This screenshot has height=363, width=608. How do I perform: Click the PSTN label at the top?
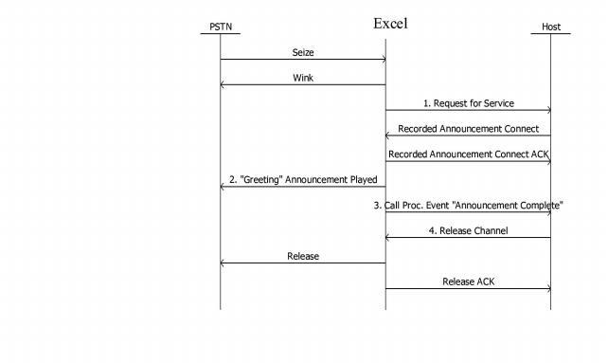(x=220, y=27)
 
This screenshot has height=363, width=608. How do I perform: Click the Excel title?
(x=390, y=23)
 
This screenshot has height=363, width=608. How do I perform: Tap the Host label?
(x=550, y=27)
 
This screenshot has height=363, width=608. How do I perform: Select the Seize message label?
(x=303, y=51)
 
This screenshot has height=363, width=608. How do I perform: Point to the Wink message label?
(x=303, y=78)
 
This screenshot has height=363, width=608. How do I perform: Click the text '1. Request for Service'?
(x=468, y=102)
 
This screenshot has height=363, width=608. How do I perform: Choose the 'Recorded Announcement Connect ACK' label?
(x=469, y=154)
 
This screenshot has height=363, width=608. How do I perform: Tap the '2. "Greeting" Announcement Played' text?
(x=303, y=179)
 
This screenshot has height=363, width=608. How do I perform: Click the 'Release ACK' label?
(x=468, y=281)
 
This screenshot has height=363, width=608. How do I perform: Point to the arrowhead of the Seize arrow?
(x=383, y=60)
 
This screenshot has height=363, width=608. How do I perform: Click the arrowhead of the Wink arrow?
(x=224, y=85)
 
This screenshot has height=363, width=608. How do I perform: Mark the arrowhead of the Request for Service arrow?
(x=547, y=111)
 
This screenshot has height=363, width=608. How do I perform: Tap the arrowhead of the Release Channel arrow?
(x=388, y=238)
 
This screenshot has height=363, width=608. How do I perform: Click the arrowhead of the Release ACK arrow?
(x=547, y=289)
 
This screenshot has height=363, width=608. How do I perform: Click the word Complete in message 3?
(x=539, y=205)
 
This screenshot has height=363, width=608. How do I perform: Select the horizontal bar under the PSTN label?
(x=220, y=34)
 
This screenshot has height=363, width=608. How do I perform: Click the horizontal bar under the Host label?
(x=550, y=34)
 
